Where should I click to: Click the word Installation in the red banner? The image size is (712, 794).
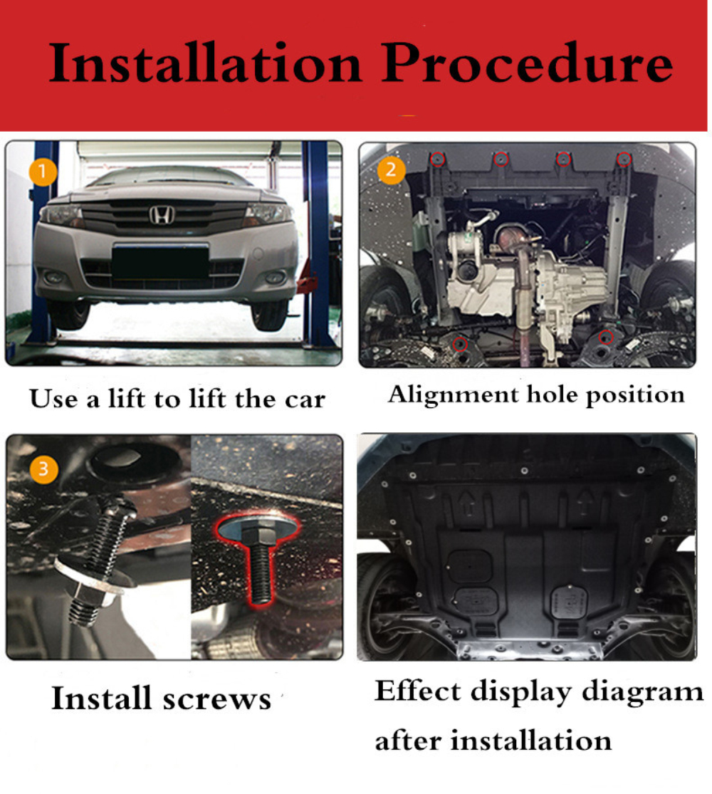205,63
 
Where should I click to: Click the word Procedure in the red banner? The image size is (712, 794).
528,63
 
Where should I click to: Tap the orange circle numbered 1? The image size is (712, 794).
43,172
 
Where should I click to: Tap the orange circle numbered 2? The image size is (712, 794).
391,169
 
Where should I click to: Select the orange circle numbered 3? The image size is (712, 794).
43,469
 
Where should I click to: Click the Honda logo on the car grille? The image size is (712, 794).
162,215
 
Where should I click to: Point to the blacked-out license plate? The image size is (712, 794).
160,262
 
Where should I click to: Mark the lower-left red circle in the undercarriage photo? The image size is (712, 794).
460,345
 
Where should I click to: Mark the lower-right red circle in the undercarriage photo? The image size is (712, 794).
606,338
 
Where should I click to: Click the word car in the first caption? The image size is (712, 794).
305,400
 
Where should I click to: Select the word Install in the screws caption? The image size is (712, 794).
102,699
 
